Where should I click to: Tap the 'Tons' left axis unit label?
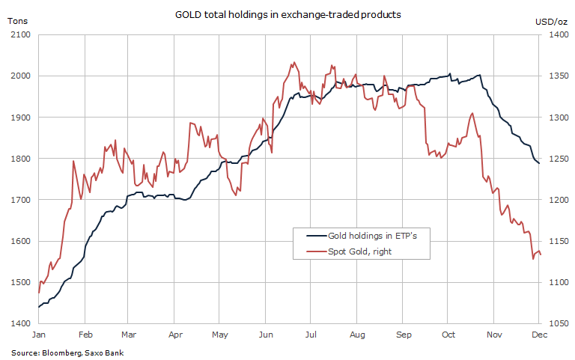(x=17, y=20)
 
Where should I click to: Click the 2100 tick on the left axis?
(x=19, y=35)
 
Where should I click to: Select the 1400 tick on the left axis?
(x=19, y=324)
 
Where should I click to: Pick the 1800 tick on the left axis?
(x=19, y=159)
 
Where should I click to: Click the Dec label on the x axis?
(x=540, y=335)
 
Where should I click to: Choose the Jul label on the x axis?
(x=311, y=335)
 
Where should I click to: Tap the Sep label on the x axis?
(x=404, y=335)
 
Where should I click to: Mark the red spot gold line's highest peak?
(x=294, y=62)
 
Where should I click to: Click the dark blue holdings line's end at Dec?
(x=539, y=164)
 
